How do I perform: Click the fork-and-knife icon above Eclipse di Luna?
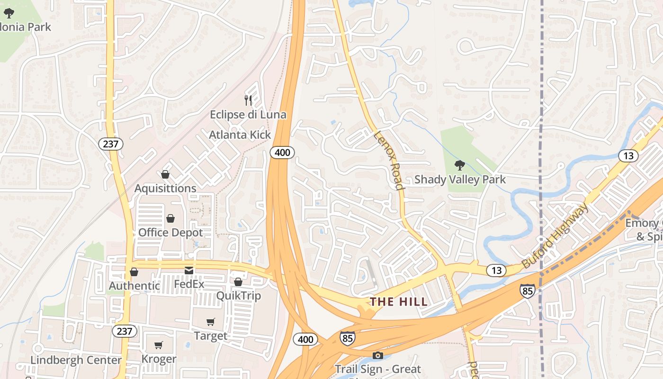[248, 100]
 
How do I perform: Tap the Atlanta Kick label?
[240, 135]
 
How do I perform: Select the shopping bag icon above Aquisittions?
[165, 174]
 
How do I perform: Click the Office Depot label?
[170, 233]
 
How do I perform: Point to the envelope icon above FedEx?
[189, 271]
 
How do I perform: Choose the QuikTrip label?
[238, 296]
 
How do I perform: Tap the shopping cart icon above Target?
[211, 322]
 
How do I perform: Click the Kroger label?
[159, 359]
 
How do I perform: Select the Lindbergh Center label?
[76, 360]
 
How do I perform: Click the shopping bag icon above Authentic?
[134, 272]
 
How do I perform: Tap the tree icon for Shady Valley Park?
[459, 165]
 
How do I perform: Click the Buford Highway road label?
[555, 235]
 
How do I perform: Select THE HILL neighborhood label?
[398, 302]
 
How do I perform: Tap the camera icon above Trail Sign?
[377, 355]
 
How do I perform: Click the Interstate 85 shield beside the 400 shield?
[347, 338]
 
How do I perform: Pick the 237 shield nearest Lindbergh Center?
[124, 331]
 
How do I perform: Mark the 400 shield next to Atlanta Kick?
[283, 152]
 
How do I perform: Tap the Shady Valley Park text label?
[460, 180]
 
